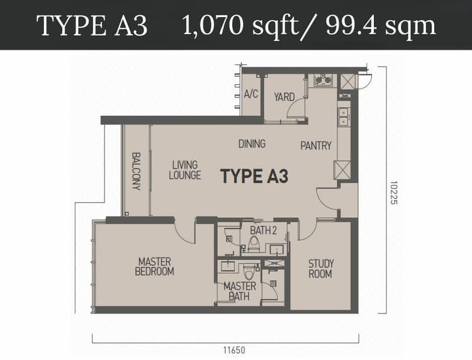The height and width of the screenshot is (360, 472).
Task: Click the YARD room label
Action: (284, 97)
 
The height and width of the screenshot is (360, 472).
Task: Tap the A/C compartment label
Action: (251, 94)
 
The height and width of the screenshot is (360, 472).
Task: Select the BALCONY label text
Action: (137, 171)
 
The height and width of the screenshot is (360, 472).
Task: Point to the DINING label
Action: (252, 143)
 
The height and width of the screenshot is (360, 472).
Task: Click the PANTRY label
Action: (316, 145)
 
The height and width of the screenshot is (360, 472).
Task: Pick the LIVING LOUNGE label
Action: (185, 170)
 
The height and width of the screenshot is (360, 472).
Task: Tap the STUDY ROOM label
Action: (320, 269)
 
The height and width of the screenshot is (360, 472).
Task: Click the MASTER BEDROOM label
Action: (154, 266)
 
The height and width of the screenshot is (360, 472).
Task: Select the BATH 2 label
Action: (264, 230)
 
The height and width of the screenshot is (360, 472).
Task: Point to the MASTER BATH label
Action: (240, 291)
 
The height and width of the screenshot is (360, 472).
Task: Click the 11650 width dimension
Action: (234, 350)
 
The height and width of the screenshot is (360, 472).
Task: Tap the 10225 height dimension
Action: (394, 193)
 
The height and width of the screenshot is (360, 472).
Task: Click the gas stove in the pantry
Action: (323, 80)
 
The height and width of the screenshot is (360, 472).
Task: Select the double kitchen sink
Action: (344, 117)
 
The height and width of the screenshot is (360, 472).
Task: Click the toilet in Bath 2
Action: (254, 244)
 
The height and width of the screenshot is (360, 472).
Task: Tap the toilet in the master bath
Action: (249, 272)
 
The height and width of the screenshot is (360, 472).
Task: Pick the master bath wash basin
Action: (228, 266)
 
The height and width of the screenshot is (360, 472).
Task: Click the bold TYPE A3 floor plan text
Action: (254, 176)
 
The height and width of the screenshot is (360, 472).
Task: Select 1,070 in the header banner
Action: (213, 26)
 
